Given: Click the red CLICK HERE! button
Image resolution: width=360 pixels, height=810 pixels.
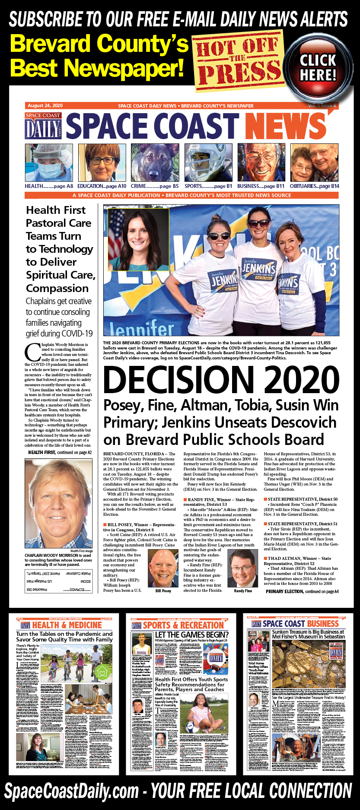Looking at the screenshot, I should pos(318,67).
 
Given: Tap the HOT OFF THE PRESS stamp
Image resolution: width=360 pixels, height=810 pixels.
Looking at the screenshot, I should pos(238,60).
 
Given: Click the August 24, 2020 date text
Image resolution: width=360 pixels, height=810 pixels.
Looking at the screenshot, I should pos(45,105).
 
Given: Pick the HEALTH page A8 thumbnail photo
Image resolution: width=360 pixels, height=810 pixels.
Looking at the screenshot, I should pos(49,162).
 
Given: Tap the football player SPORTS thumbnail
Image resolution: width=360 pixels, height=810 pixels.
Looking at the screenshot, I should pos(208,162).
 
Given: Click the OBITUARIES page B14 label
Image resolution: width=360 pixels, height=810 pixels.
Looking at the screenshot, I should pos(314,186).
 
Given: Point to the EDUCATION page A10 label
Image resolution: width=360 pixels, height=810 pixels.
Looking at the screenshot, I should pos(102,186).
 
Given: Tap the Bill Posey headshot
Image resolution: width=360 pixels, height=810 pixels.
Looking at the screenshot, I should pos(163,568).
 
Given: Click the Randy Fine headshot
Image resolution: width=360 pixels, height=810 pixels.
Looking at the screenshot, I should pos(242,568).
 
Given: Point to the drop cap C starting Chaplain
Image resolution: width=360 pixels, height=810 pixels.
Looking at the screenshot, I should pos(32,352).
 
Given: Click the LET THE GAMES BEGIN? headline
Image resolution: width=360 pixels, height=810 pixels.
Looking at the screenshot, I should pos(191,635).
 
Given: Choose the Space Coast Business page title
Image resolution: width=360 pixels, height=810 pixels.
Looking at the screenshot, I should pos(300,623).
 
